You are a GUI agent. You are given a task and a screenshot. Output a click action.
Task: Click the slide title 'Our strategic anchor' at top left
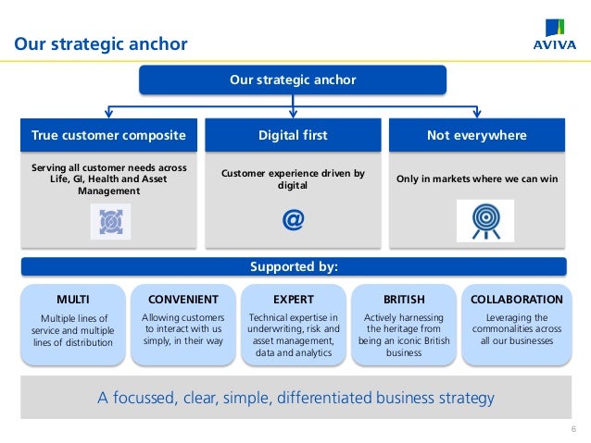pyautogui.click(x=100, y=44)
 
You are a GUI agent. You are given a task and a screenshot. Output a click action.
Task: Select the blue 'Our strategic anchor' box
pyautogui.click(x=293, y=80)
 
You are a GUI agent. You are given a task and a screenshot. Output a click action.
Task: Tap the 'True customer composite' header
pyautogui.click(x=108, y=135)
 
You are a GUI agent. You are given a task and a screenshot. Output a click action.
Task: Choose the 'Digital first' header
pyautogui.click(x=293, y=135)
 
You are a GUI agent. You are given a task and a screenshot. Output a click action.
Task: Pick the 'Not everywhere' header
pyautogui.click(x=476, y=135)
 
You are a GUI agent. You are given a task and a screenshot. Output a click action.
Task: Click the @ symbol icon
pyautogui.click(x=293, y=220)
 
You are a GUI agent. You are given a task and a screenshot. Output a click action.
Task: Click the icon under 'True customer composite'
pyautogui.click(x=109, y=222)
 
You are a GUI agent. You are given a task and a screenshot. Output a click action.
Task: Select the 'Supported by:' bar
pyautogui.click(x=293, y=267)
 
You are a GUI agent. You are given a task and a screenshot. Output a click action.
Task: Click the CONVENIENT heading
pyautogui.click(x=182, y=300)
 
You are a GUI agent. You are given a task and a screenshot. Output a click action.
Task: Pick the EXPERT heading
pyautogui.click(x=293, y=300)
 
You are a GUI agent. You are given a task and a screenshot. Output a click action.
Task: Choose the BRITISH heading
pyautogui.click(x=404, y=300)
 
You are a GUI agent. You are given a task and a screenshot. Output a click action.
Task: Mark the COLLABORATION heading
pyautogui.click(x=516, y=300)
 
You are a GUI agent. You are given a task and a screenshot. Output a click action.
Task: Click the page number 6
pyautogui.click(x=573, y=428)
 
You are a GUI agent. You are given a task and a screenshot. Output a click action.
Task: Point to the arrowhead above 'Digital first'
pyautogui.click(x=293, y=114)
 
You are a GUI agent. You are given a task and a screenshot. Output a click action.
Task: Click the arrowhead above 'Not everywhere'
pyautogui.click(x=476, y=114)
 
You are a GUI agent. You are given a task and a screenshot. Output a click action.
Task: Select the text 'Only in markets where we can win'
pyautogui.click(x=477, y=178)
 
